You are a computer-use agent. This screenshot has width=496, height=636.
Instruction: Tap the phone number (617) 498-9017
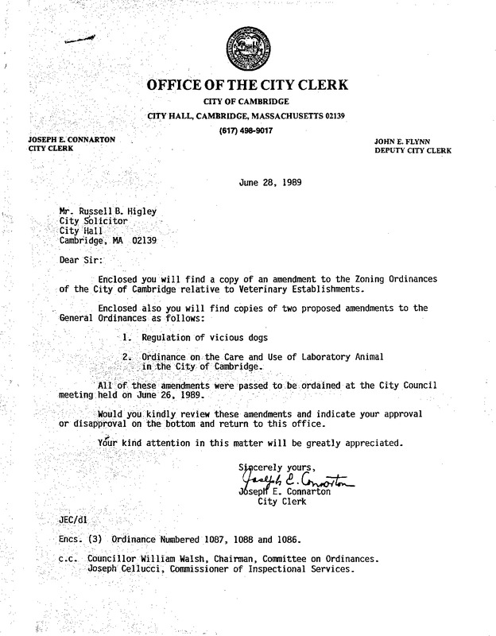click(x=246, y=130)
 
